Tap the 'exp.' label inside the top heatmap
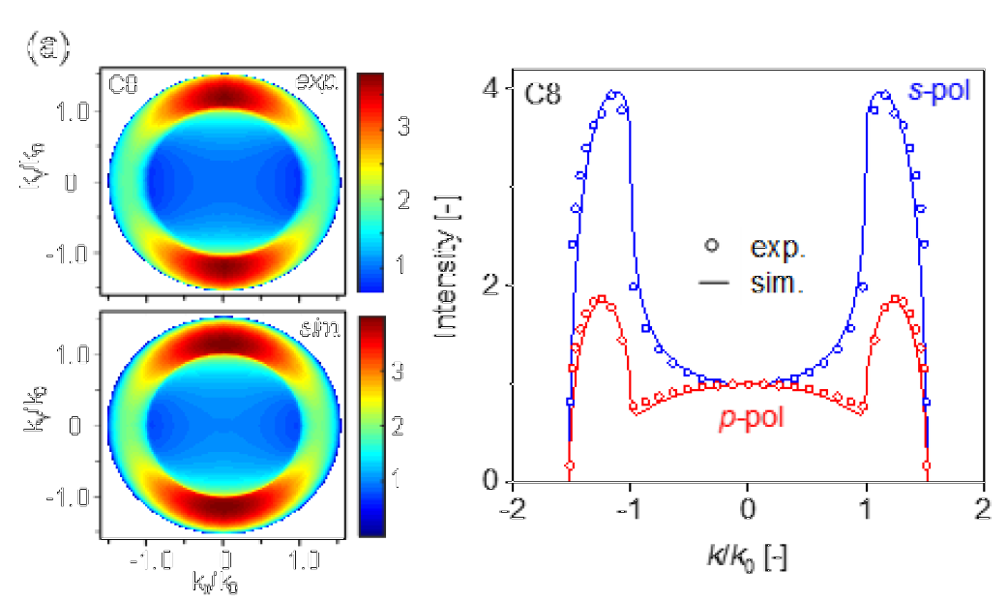(318, 85)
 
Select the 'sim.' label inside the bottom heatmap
(320, 334)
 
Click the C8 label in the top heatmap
(123, 85)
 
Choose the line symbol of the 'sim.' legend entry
(713, 285)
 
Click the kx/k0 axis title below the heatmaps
(222, 584)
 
